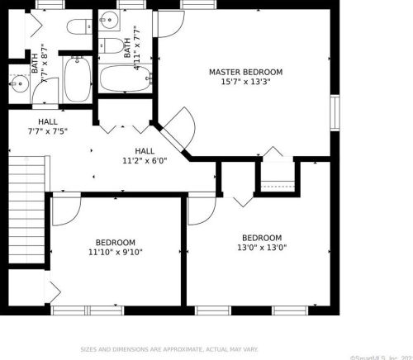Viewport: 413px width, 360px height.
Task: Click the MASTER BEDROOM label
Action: pyautogui.click(x=245, y=72)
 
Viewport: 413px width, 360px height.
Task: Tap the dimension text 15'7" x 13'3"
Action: pyautogui.click(x=245, y=82)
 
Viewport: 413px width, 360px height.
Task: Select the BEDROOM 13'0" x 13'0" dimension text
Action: pyautogui.click(x=261, y=247)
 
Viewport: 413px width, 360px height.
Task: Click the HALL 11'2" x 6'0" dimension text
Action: pyautogui.click(x=145, y=161)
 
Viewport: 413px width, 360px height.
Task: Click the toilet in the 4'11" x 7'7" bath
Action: pyautogui.click(x=110, y=45)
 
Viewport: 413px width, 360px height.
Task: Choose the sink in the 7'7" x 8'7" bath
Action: pyautogui.click(x=19, y=83)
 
